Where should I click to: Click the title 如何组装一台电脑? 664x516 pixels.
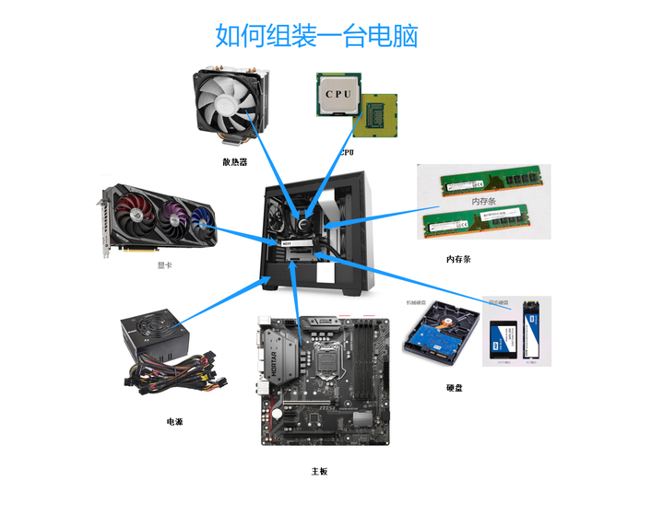(x=316, y=36)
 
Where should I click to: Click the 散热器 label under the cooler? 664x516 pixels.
(x=235, y=161)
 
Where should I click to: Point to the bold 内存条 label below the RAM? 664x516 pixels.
(x=458, y=260)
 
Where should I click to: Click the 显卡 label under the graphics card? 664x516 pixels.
(x=165, y=264)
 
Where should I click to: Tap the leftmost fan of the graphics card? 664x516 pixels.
(x=134, y=218)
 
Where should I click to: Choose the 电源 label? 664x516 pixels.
(x=174, y=421)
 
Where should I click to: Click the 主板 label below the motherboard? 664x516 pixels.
(x=319, y=471)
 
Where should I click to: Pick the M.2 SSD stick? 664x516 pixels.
(x=531, y=329)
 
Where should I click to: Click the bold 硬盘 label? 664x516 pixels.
(x=455, y=388)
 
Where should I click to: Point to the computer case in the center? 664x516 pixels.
(x=318, y=235)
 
